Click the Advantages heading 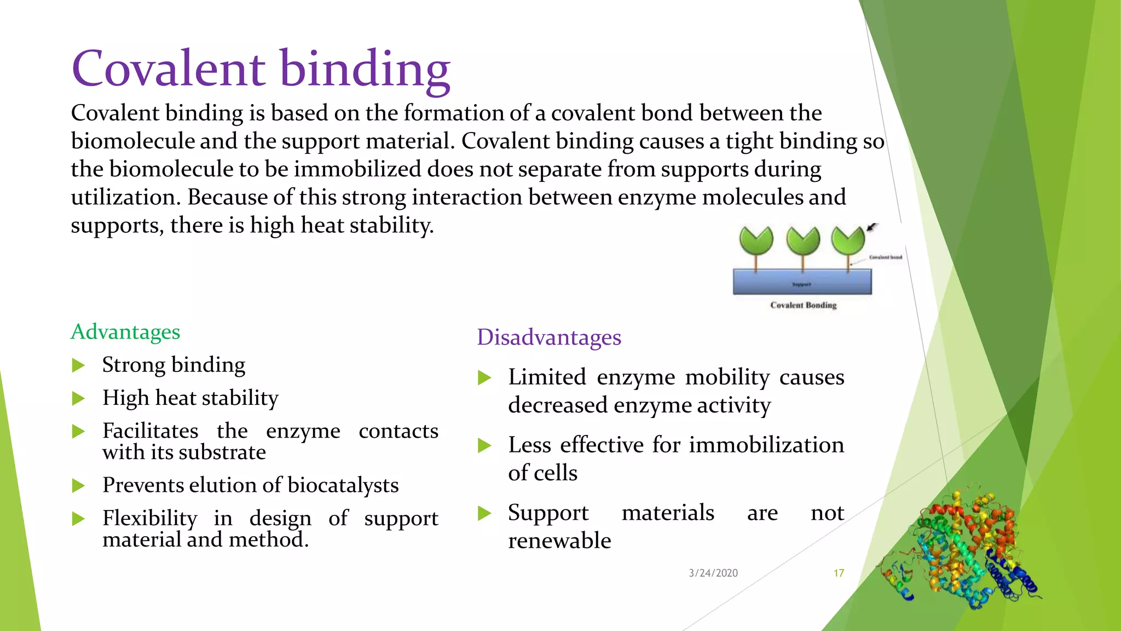point(125,332)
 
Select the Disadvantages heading point(549,337)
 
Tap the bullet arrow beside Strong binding point(79,365)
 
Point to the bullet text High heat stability point(190,398)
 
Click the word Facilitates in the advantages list point(150,431)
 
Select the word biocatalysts point(343,485)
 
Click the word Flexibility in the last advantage point(150,518)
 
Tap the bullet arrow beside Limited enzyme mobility point(484,378)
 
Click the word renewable point(559,541)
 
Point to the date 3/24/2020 point(713,573)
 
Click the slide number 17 point(839,573)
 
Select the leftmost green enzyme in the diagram point(756,242)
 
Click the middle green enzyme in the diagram point(803,242)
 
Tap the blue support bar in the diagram point(802,282)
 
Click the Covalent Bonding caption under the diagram point(803,305)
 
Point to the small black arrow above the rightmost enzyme point(872,227)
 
